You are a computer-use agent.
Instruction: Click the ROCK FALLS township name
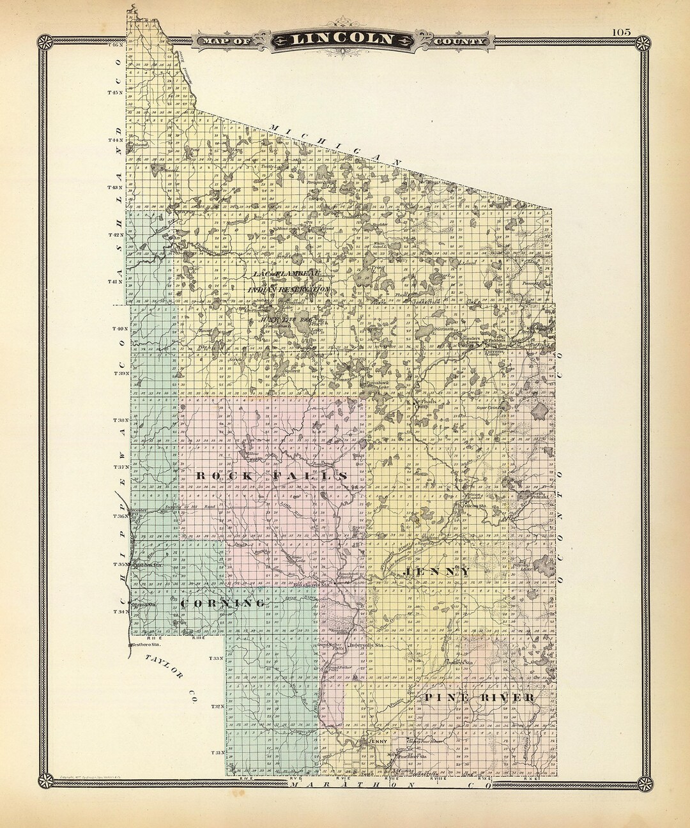point(271,477)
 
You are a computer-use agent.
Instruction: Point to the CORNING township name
point(223,603)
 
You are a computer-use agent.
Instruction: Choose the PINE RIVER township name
point(479,697)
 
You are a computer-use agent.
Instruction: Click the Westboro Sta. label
point(144,645)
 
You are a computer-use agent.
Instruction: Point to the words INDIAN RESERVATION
point(289,289)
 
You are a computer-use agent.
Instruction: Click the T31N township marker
point(218,753)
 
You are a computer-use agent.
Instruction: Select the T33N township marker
point(216,658)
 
